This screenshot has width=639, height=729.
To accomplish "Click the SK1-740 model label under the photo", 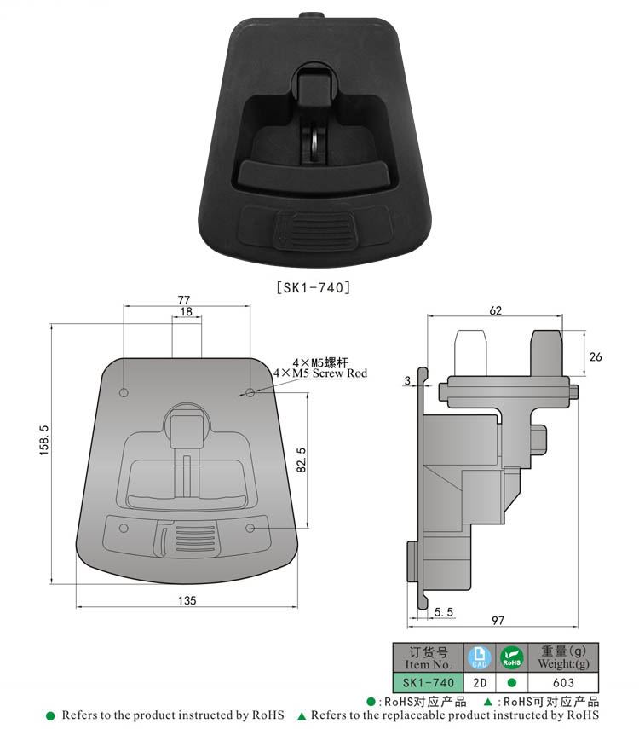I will pyautogui.click(x=314, y=289).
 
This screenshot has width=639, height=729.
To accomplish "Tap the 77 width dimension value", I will pyautogui.click(x=183, y=299).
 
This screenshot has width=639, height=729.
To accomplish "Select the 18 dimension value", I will pyautogui.click(x=186, y=313).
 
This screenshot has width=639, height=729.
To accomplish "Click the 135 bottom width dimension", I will pyautogui.click(x=187, y=600).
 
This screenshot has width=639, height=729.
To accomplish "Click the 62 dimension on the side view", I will pyautogui.click(x=495, y=310).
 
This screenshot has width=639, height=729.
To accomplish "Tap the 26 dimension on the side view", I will pyautogui.click(x=595, y=356).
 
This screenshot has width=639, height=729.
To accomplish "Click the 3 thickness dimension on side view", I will pyautogui.click(x=408, y=380).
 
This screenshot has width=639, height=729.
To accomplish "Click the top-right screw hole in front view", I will pyautogui.click(x=250, y=391).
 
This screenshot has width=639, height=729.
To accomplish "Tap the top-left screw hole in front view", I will pyautogui.click(x=124, y=392).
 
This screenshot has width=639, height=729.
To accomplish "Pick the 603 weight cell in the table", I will pyautogui.click(x=563, y=682).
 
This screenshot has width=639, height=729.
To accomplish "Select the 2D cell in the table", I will pyautogui.click(x=479, y=682).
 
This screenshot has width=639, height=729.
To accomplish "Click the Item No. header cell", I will pyautogui.click(x=428, y=657).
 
